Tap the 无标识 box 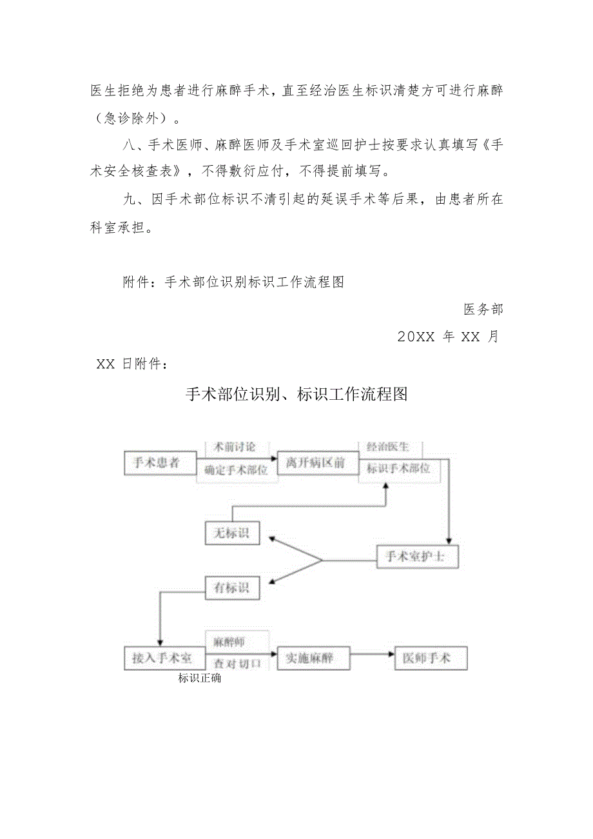tap(232, 533)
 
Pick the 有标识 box tap(232, 587)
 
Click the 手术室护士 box tap(417, 557)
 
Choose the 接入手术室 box tap(163, 658)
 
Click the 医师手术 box tap(430, 658)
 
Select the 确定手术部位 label tap(236, 470)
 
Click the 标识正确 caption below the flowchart tap(200, 678)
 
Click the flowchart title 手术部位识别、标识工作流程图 tap(296, 395)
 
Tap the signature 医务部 tap(483, 310)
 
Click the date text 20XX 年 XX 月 tap(449, 337)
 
